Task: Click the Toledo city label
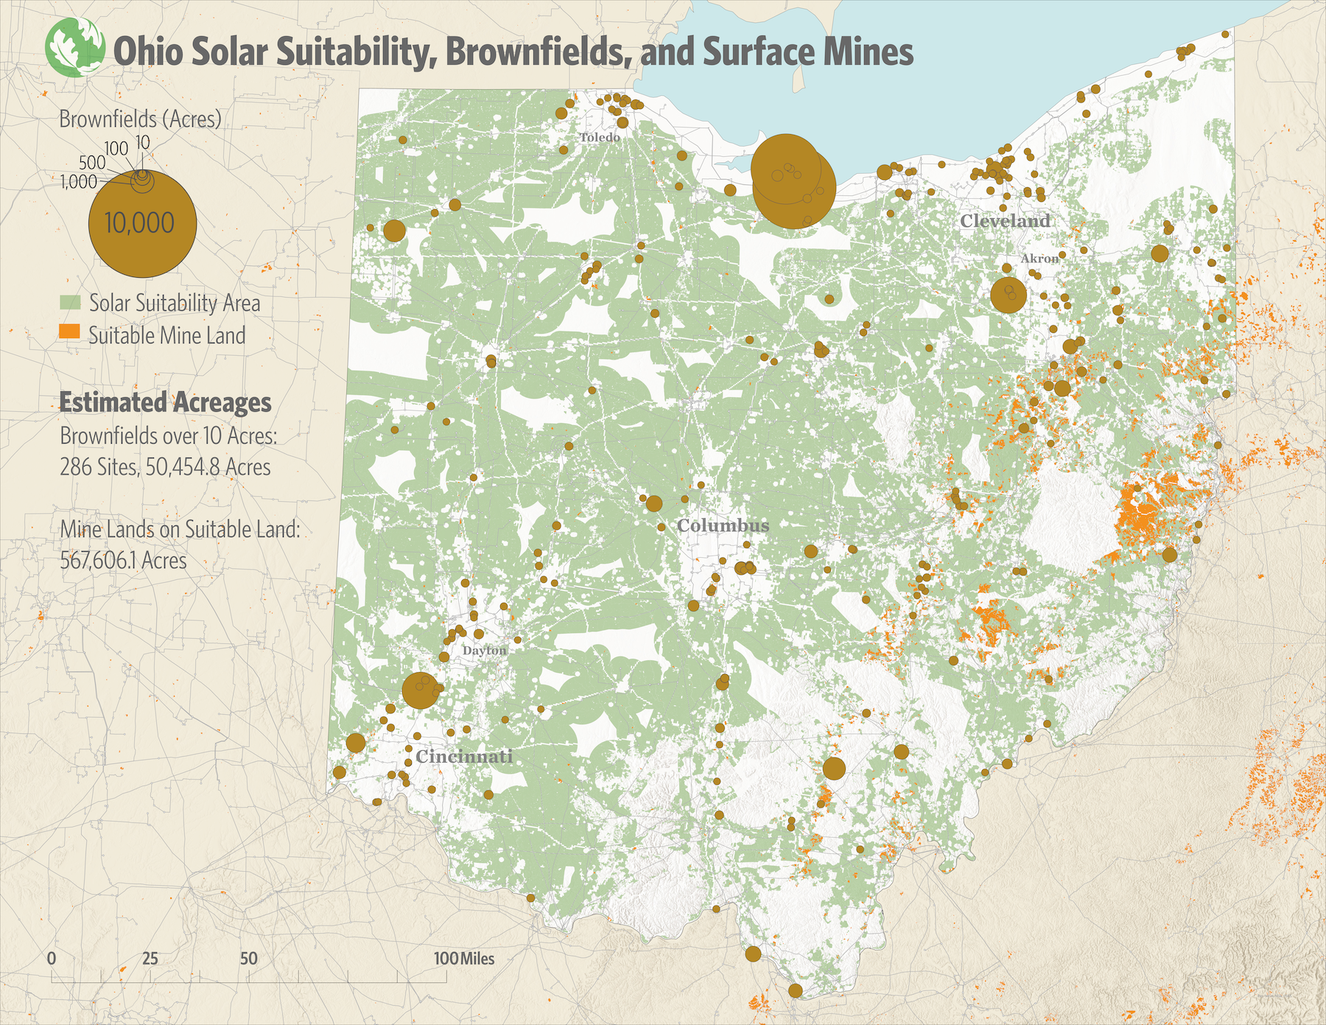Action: click(x=600, y=138)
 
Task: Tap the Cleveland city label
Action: click(x=1005, y=221)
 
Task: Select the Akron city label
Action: click(x=1039, y=259)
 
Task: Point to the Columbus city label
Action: click(x=723, y=525)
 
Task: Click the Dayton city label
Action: click(x=484, y=651)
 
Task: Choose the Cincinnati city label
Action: click(x=464, y=757)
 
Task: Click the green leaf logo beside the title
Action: click(x=74, y=48)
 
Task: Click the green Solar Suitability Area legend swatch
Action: click(x=70, y=303)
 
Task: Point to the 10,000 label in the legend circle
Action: click(x=140, y=223)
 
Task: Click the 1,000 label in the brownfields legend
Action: click(x=79, y=182)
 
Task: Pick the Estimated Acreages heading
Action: click(x=165, y=402)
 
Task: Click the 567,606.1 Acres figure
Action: click(x=123, y=561)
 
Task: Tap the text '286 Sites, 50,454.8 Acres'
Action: click(x=165, y=467)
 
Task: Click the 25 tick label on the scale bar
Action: click(x=150, y=959)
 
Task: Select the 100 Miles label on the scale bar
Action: click(x=464, y=959)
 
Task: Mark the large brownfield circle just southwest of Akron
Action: click(x=1008, y=295)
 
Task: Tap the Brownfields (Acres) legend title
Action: click(x=140, y=119)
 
